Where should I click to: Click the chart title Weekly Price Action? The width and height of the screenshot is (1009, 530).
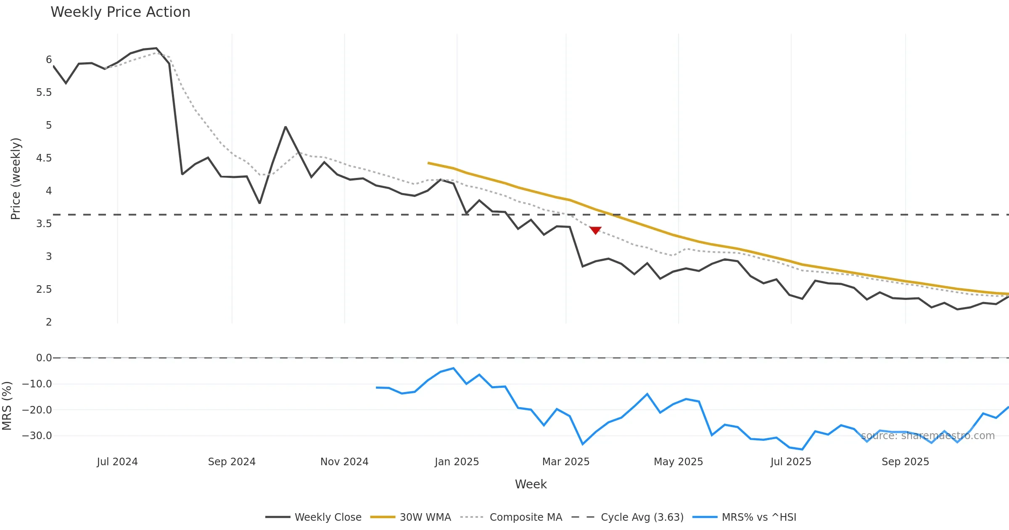click(120, 12)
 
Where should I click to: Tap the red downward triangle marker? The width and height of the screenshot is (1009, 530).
click(595, 230)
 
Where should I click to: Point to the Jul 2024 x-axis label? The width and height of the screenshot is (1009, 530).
click(117, 462)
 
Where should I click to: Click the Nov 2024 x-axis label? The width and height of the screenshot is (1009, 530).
click(344, 462)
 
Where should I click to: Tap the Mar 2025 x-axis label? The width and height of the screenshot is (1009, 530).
click(566, 462)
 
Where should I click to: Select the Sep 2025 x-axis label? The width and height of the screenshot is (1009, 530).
click(905, 462)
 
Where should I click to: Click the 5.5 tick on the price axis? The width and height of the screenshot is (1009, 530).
click(44, 93)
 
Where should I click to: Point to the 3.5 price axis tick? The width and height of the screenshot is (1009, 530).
click(44, 224)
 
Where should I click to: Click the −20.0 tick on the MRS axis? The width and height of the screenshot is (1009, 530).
click(37, 410)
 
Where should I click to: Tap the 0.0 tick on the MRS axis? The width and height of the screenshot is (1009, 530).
click(44, 358)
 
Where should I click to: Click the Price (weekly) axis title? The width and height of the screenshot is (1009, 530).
click(16, 179)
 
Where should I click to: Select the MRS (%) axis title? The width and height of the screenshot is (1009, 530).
click(7, 406)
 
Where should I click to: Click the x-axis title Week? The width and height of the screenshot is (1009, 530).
click(531, 485)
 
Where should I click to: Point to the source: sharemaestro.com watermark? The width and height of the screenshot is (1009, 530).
click(928, 436)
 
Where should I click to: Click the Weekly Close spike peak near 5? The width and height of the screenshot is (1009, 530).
click(285, 127)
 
